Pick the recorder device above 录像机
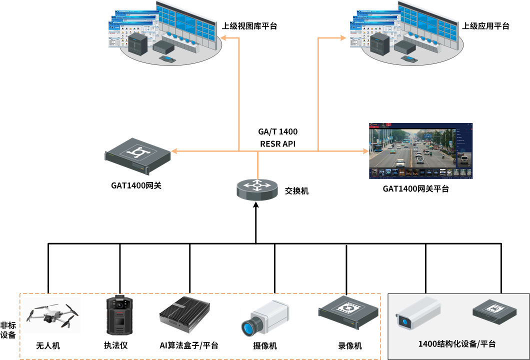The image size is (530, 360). [x=346, y=313]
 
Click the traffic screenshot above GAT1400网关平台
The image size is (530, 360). [x=420, y=151]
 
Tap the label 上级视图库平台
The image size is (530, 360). [x=249, y=26]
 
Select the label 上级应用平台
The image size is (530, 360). [x=485, y=26]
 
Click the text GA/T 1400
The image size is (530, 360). [x=277, y=132]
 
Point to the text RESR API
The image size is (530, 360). [x=277, y=144]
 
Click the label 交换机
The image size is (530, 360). [x=296, y=190]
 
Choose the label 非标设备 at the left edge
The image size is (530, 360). [x=8, y=329]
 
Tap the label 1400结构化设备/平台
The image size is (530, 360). [x=457, y=344]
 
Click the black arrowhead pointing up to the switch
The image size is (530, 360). [x=256, y=206]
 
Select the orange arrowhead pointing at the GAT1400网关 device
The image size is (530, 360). [x=173, y=150]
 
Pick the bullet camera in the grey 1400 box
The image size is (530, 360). [x=417, y=312]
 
